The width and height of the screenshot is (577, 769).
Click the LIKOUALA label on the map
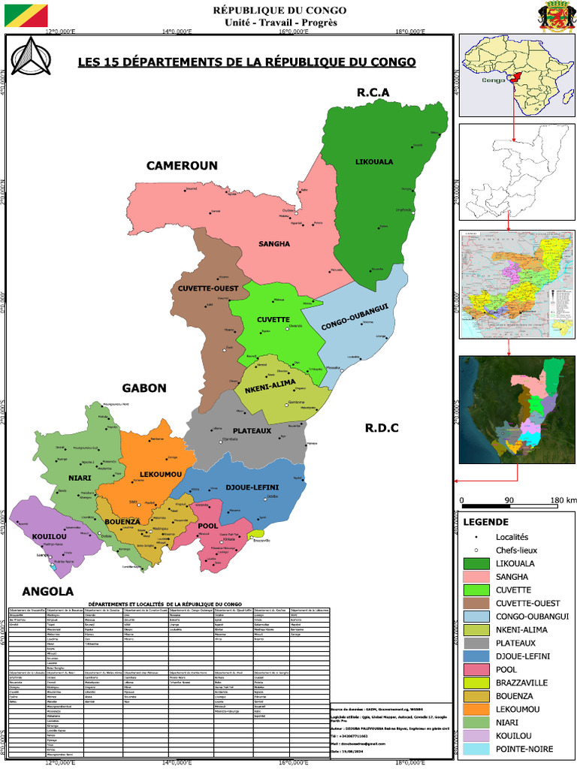click(374, 161)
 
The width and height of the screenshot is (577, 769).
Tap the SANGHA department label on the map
click(274, 244)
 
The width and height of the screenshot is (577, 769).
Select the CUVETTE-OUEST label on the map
click(208, 288)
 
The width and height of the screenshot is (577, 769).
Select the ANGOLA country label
click(47, 590)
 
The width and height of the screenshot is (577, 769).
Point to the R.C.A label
click(373, 92)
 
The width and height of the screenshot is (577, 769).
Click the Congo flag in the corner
click(26, 15)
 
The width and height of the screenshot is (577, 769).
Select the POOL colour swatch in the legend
click(476, 670)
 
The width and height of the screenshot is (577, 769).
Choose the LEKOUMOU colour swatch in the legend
click(476, 710)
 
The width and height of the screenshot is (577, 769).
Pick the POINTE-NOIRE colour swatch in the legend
click(476, 749)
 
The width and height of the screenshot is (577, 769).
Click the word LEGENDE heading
click(486, 522)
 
